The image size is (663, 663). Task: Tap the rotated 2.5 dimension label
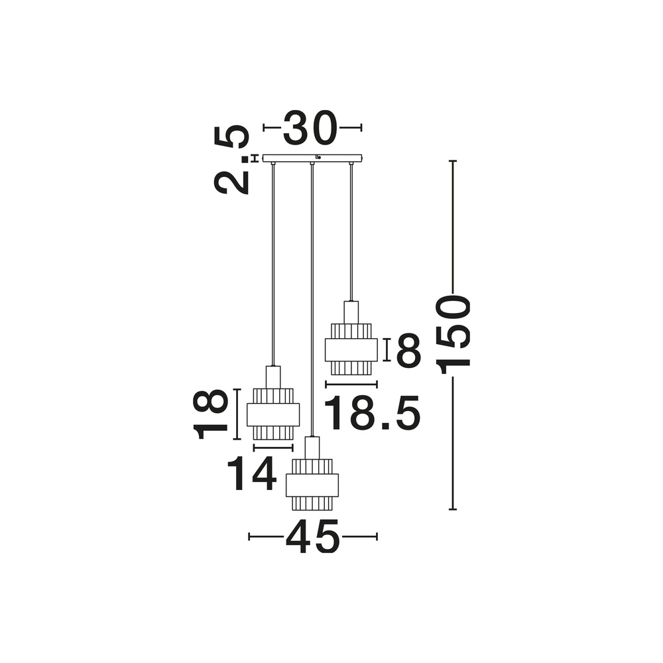click(231, 159)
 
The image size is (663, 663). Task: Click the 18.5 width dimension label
click(373, 413)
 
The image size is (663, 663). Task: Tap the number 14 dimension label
click(252, 474)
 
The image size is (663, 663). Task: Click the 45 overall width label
click(312, 536)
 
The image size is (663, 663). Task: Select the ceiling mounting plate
click(312, 158)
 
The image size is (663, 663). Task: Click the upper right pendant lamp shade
click(351, 349)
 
